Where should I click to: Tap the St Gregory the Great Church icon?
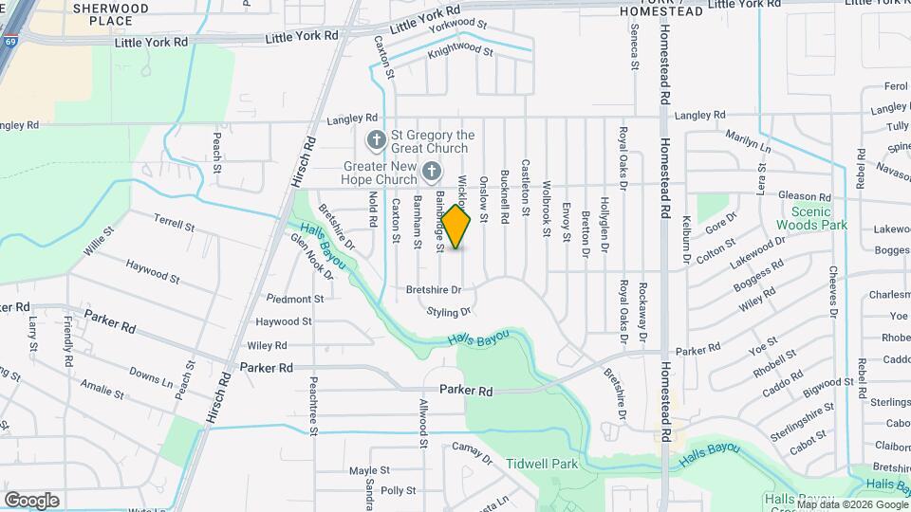point(376,141)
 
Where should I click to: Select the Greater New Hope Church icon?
point(432,172)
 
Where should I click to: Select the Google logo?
point(31,500)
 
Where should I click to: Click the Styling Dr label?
point(449,312)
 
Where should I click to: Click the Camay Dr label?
point(472,453)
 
